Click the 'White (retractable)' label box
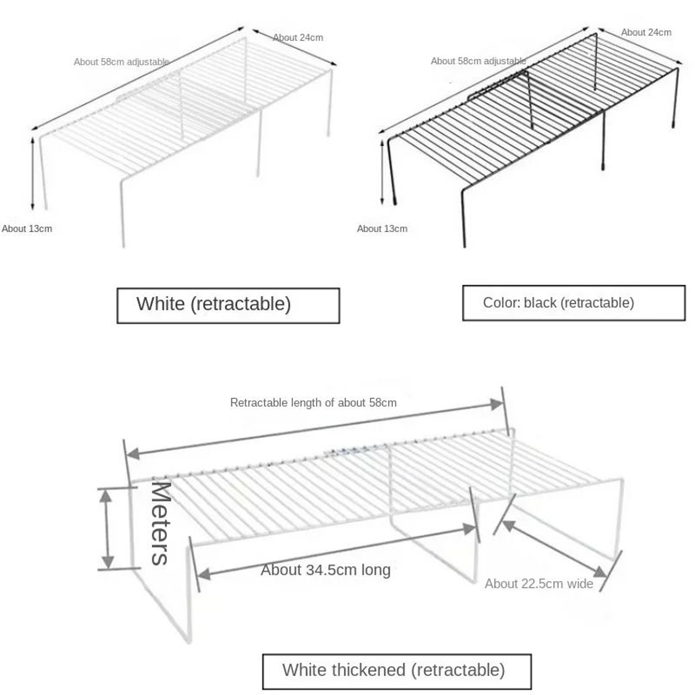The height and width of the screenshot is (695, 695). click(x=228, y=305)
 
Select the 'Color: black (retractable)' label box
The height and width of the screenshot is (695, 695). click(x=574, y=303)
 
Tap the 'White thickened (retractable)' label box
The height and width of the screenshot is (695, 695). click(x=397, y=671)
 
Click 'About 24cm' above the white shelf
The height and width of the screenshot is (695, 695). click(x=298, y=37)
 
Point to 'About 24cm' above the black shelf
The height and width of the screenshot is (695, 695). click(x=646, y=32)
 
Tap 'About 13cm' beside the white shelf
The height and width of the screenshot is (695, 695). click(x=27, y=228)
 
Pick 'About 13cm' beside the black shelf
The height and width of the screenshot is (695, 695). click(x=382, y=228)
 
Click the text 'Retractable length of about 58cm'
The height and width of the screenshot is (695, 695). click(x=313, y=403)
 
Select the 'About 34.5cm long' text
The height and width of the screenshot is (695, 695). click(x=326, y=570)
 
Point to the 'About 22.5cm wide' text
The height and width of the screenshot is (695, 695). click(x=539, y=584)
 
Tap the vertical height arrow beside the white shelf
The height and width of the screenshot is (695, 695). click(x=33, y=173)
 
